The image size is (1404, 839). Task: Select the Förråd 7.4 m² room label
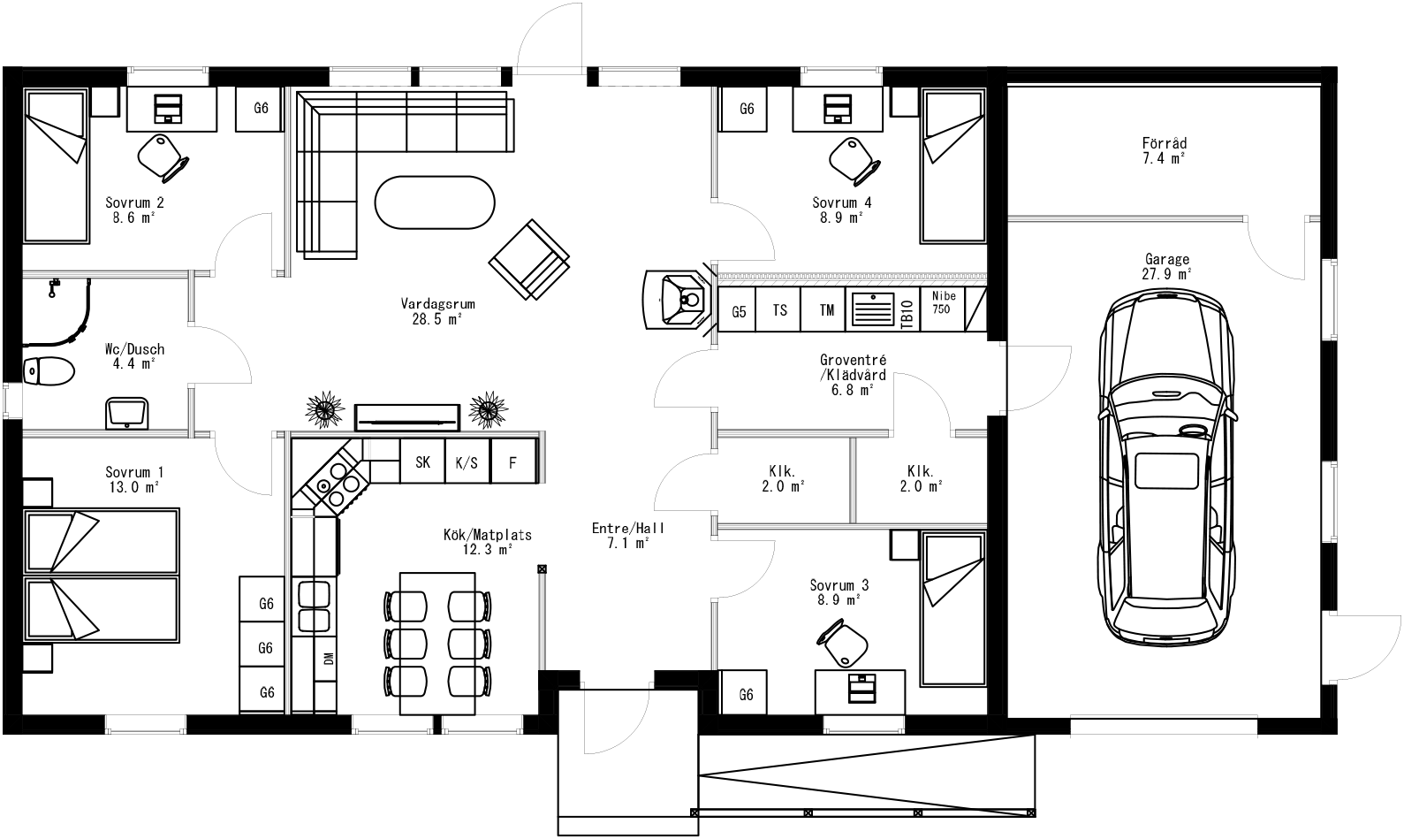[x=1164, y=150]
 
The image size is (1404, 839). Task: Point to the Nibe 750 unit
[x=942, y=303]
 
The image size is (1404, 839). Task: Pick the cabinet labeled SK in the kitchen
[x=422, y=461]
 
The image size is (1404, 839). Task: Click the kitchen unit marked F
[x=512, y=461]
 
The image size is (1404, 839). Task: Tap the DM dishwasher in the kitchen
[x=328, y=658]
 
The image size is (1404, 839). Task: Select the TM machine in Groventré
[x=826, y=310]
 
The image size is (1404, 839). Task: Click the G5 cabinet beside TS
[x=739, y=310]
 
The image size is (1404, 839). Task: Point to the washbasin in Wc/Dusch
[x=126, y=412]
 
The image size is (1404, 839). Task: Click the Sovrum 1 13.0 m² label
[x=133, y=479]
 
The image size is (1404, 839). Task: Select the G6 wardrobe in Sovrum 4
[x=746, y=109]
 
